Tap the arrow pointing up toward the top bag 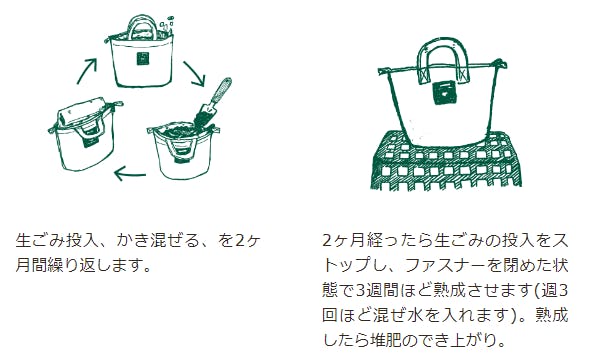(x=86, y=71)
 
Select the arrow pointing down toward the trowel (x=195, y=74)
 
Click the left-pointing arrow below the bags (x=130, y=174)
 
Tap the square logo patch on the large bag (x=445, y=92)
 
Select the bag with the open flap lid (x=83, y=132)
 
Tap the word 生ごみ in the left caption (x=40, y=241)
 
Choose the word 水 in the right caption (x=416, y=315)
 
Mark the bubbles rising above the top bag (x=166, y=25)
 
